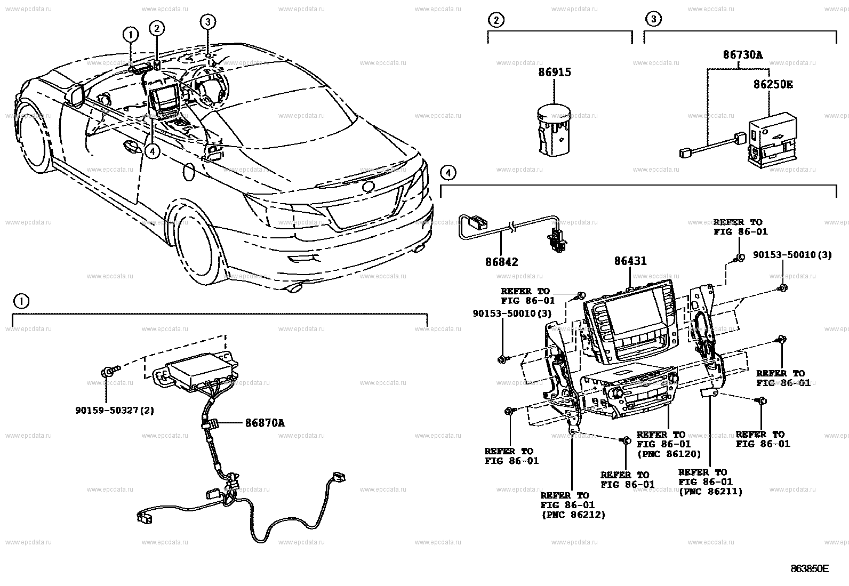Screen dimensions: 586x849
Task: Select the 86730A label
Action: (x=742, y=54)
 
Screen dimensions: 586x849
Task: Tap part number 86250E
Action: (x=772, y=84)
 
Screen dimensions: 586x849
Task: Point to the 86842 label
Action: (x=501, y=262)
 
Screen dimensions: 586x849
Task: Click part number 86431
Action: (x=630, y=261)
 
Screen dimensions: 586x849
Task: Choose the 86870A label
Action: (x=265, y=423)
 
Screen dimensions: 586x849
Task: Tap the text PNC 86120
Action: (x=669, y=454)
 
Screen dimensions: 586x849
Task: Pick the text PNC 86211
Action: (x=711, y=492)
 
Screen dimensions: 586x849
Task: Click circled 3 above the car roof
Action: (x=208, y=22)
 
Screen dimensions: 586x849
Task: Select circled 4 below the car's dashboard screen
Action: (x=153, y=151)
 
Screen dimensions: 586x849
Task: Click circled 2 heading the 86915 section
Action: (x=496, y=20)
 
